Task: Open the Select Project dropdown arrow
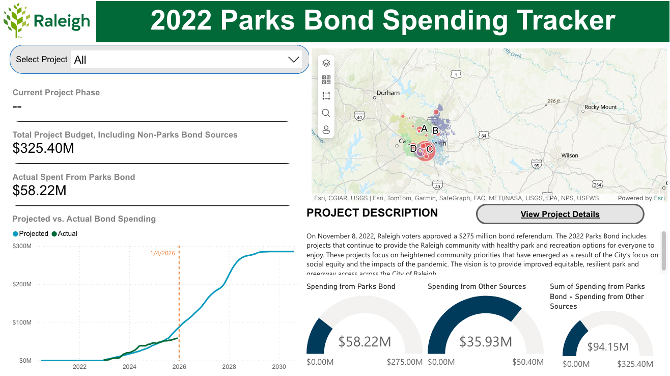(x=293, y=60)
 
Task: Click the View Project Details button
(x=560, y=214)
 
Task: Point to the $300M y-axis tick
(x=22, y=246)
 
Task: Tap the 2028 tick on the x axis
(x=229, y=367)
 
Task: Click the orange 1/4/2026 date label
(x=163, y=253)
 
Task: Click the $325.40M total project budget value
(x=43, y=148)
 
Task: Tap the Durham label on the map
(x=388, y=93)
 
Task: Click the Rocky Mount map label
(x=600, y=107)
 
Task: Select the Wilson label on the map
(x=570, y=155)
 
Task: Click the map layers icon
(x=326, y=63)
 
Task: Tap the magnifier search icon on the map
(x=326, y=113)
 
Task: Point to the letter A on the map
(x=424, y=129)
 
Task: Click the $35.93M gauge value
(x=486, y=341)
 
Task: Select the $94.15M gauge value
(x=607, y=347)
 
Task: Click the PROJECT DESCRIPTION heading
(x=372, y=213)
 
